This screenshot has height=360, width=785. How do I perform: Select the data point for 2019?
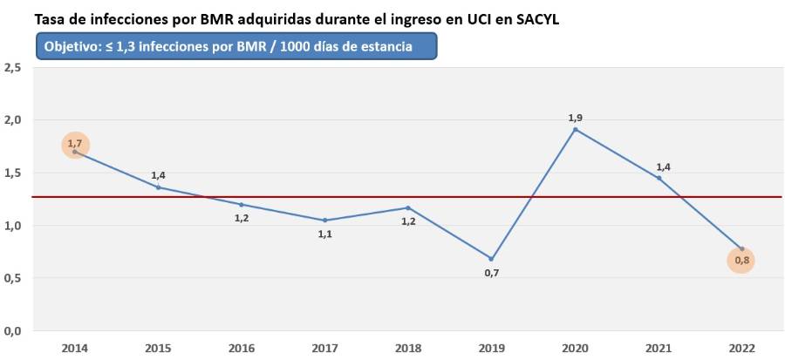(491, 259)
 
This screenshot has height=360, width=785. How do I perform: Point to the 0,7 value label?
(491, 273)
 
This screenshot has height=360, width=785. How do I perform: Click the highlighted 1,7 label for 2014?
(75, 145)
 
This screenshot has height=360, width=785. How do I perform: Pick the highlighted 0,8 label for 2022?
(741, 260)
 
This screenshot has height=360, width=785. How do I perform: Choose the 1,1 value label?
(324, 234)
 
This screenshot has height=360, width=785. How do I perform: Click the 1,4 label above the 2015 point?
(158, 175)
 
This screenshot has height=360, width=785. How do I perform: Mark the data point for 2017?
(324, 220)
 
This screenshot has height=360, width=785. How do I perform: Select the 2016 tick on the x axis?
(242, 348)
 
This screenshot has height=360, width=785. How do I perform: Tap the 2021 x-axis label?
(658, 348)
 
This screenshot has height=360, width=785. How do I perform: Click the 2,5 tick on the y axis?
(13, 67)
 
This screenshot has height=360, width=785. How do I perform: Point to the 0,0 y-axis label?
(13, 331)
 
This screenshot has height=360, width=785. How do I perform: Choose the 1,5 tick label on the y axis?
(13, 173)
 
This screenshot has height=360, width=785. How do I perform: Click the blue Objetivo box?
(235, 46)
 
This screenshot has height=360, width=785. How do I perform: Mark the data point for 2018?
(407, 207)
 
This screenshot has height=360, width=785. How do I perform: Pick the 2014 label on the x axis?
(75, 348)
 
